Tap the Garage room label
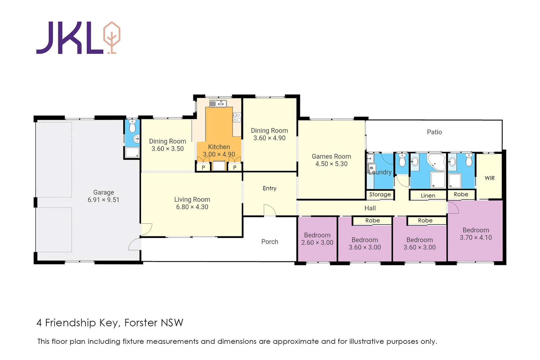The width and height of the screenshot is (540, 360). (103, 192)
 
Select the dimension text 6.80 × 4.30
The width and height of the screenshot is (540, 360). (192, 207)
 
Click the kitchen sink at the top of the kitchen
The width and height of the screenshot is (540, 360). (218, 104)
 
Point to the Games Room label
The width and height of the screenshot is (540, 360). (331, 156)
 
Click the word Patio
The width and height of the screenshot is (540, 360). (434, 132)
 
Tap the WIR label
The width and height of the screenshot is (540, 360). (490, 178)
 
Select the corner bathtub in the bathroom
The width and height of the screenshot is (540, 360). (436, 162)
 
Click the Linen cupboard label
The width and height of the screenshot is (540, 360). (428, 196)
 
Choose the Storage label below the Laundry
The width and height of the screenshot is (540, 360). (380, 194)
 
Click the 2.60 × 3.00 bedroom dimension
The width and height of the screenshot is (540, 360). (317, 243)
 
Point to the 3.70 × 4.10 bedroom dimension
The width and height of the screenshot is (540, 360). (476, 238)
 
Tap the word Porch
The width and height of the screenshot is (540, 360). (269, 242)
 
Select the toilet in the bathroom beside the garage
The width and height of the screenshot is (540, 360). (132, 127)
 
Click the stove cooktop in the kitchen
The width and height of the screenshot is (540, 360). (237, 118)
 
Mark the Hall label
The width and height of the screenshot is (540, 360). (370, 208)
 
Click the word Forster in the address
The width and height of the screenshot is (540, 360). (141, 323)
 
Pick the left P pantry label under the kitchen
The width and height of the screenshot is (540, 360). (203, 167)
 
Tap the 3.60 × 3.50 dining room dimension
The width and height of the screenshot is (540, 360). (167, 149)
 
